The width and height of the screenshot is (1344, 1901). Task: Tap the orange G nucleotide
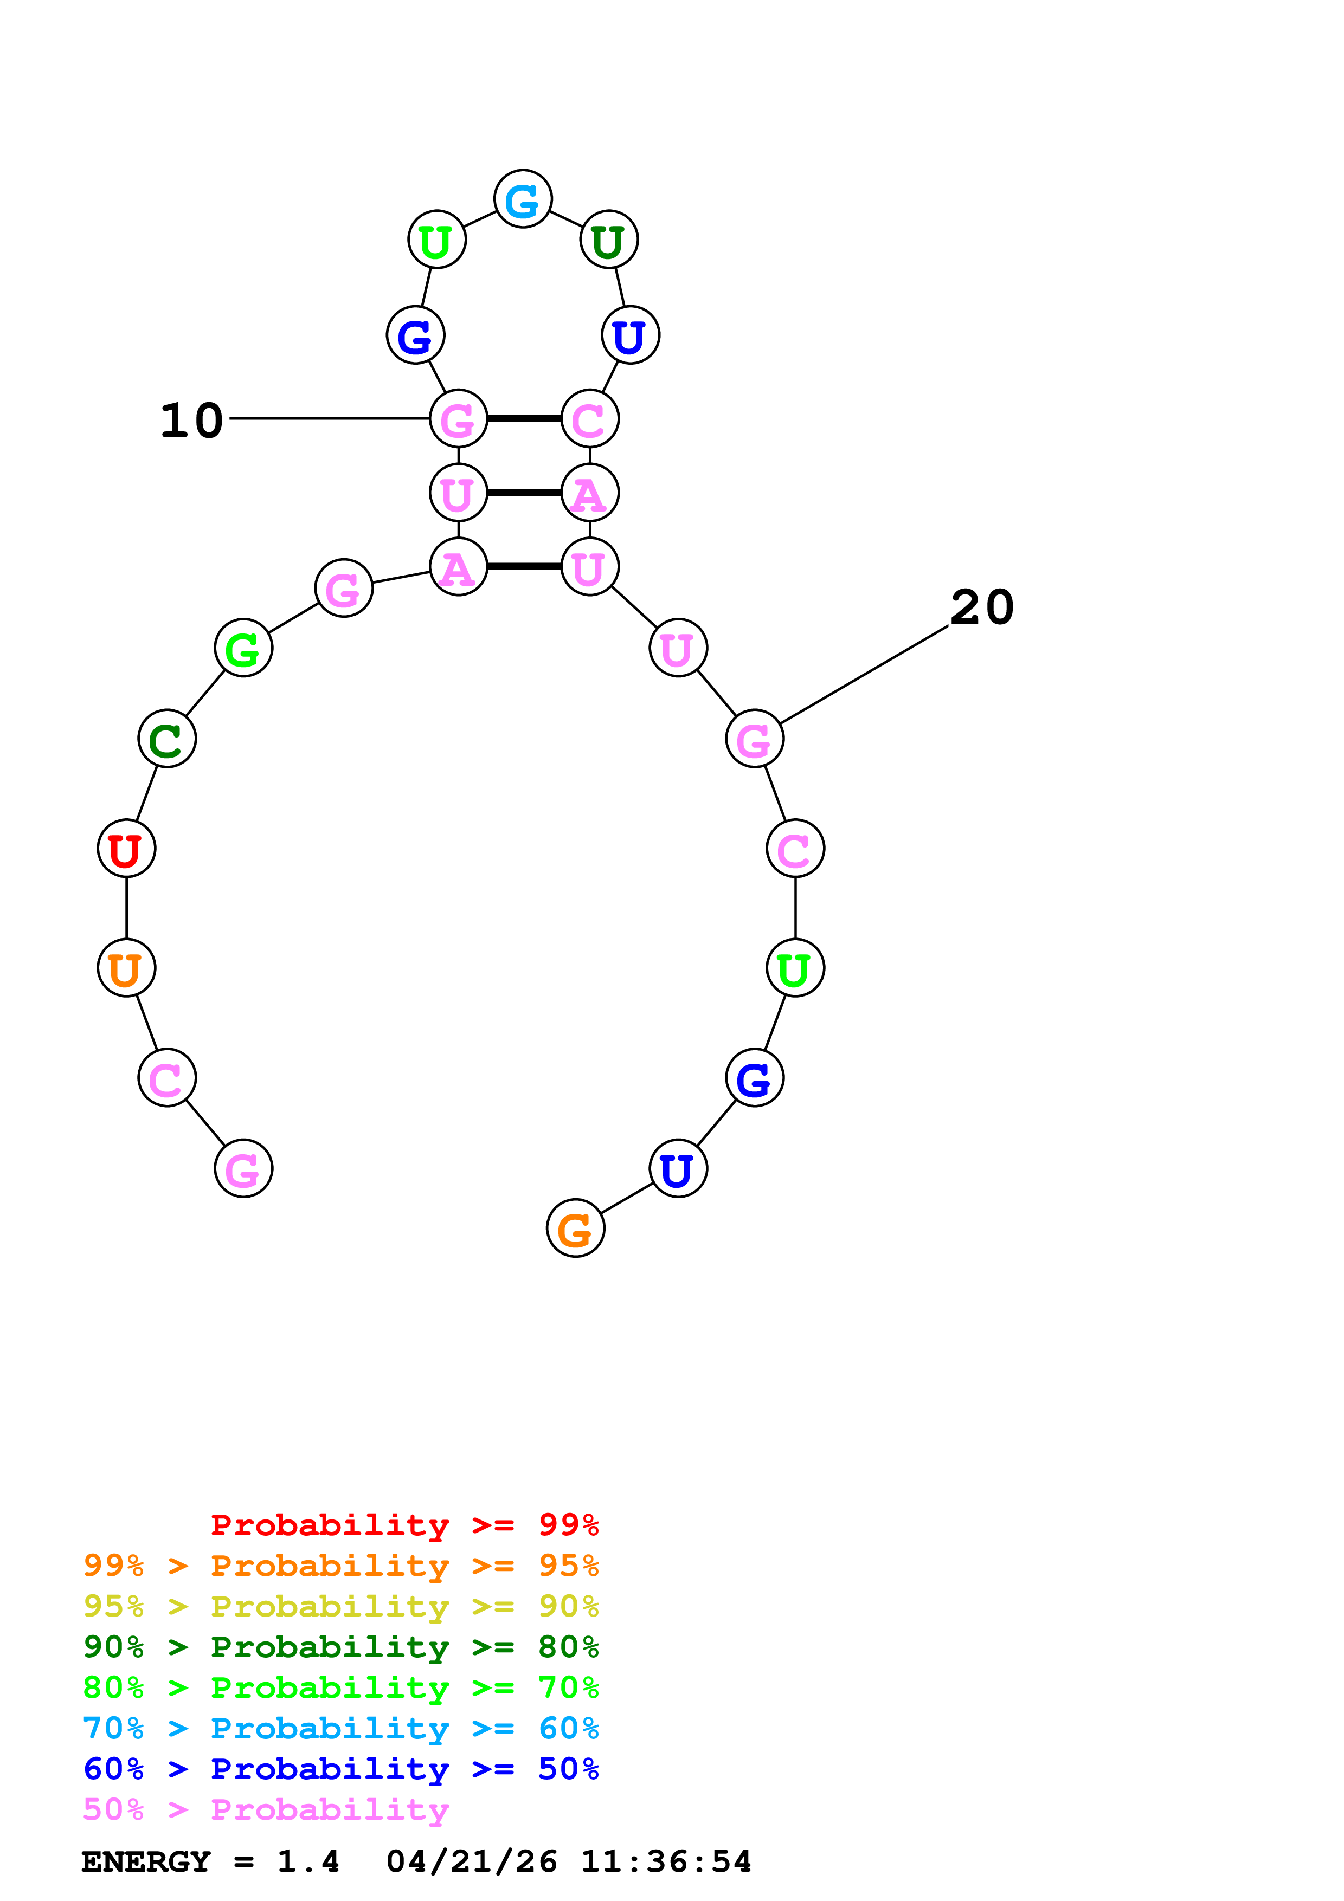click(576, 1228)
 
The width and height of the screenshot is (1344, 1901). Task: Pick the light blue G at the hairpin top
click(523, 199)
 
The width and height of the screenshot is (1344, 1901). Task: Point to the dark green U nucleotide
click(609, 240)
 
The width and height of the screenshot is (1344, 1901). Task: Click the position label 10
click(191, 421)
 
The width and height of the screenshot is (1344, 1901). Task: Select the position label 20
click(982, 607)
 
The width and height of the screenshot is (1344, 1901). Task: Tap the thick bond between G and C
click(523, 419)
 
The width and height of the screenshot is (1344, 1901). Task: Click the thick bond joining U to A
click(523, 493)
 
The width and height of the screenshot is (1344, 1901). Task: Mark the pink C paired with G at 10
click(590, 419)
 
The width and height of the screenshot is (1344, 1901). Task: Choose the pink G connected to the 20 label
click(754, 739)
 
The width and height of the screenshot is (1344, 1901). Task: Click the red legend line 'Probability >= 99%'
click(404, 1525)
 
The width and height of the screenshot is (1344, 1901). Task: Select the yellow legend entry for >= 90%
click(340, 1606)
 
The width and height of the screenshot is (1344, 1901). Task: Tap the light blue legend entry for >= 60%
click(340, 1728)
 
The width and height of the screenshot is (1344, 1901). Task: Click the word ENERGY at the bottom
click(146, 1862)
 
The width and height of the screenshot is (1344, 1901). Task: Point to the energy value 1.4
click(308, 1862)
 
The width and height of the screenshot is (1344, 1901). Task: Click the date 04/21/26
click(471, 1862)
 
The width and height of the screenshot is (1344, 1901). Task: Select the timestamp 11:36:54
click(666, 1862)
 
